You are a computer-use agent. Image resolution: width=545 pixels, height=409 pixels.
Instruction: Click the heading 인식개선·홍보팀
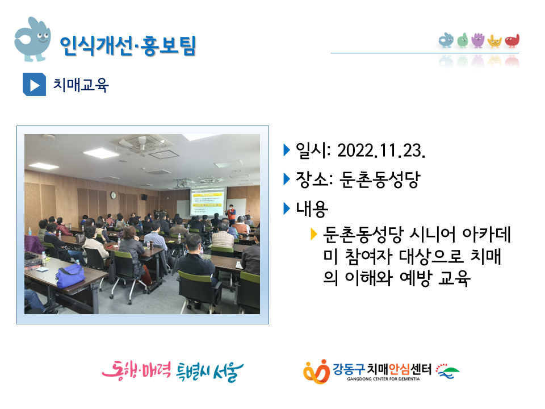coord(128,45)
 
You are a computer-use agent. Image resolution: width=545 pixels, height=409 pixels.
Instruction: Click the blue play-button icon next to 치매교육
coord(34,85)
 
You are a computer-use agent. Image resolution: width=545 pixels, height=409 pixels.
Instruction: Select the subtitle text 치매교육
coord(81,85)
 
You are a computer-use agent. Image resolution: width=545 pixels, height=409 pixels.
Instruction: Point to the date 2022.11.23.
coord(381,151)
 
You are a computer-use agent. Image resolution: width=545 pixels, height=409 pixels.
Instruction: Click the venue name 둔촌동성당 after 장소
coord(380,180)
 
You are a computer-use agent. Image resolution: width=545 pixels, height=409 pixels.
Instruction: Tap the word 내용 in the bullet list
coord(312,208)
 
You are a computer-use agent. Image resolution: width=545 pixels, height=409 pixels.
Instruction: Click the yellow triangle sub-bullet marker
coord(314,234)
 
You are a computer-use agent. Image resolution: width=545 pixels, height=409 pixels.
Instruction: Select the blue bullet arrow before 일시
coord(287,150)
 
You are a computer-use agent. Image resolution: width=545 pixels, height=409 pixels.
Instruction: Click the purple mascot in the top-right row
coord(478,40)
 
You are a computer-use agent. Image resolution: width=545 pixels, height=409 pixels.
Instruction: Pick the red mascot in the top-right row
coord(512,41)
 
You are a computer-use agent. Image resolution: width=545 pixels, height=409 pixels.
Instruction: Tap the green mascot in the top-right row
coord(463,40)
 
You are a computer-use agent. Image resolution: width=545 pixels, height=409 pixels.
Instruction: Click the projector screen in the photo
coord(208,201)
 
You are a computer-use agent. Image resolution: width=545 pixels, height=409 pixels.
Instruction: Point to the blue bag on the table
coord(70,276)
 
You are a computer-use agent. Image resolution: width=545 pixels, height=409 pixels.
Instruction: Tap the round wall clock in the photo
coord(114,195)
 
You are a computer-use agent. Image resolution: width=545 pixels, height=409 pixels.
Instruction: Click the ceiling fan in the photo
coord(141,144)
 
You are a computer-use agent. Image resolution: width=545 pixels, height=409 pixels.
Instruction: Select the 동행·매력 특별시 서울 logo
coord(173,371)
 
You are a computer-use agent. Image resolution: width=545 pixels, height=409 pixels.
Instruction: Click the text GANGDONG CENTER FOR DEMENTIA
coord(383,379)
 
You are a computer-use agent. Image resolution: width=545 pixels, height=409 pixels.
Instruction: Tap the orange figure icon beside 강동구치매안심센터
coord(316,372)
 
